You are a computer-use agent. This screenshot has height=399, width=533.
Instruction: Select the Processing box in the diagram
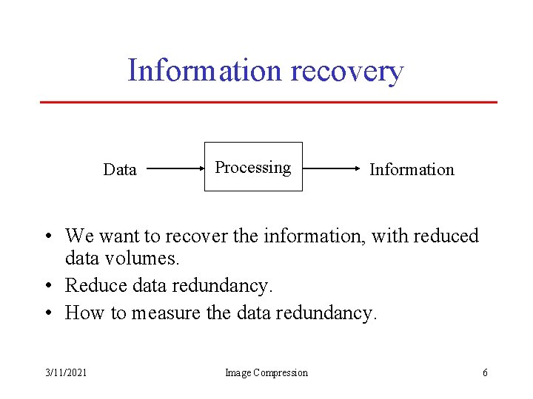click(253, 167)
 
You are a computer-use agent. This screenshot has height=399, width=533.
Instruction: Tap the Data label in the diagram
click(120, 170)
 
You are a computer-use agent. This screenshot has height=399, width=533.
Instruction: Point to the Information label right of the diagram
click(412, 170)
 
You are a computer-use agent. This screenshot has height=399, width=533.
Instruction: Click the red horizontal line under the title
click(268, 102)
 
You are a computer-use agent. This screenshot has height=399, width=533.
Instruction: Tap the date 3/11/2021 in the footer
click(65, 372)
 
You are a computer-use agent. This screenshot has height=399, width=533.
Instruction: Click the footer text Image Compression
click(266, 372)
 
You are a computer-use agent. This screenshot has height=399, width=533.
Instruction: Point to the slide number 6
click(485, 372)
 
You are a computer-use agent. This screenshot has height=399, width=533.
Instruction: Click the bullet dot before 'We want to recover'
click(47, 236)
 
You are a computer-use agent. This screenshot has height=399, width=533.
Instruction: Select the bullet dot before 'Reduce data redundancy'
click(47, 286)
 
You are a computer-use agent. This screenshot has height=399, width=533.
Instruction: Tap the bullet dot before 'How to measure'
click(47, 313)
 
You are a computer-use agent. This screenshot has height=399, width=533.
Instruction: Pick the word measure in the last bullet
click(167, 313)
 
